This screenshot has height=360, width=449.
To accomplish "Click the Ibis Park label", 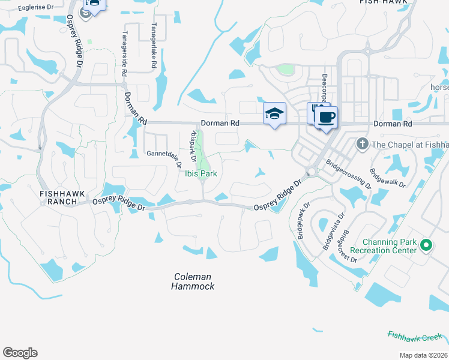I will (x=200, y=173).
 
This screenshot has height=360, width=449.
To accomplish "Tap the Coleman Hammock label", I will (x=193, y=281).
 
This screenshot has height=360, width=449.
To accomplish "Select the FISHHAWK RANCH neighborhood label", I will (x=58, y=197).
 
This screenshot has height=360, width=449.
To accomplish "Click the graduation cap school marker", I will (x=274, y=113).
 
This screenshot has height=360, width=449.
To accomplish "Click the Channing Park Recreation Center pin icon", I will (x=426, y=245).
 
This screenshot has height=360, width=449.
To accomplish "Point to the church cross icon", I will (x=362, y=143).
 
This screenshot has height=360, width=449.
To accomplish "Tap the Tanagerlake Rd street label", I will (x=154, y=46).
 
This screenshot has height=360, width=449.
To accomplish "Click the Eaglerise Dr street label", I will (x=36, y=8).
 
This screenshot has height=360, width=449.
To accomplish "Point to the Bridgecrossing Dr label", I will (x=349, y=173).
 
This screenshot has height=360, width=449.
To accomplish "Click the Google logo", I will (x=20, y=352).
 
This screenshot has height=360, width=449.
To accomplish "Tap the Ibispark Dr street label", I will (x=192, y=146).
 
